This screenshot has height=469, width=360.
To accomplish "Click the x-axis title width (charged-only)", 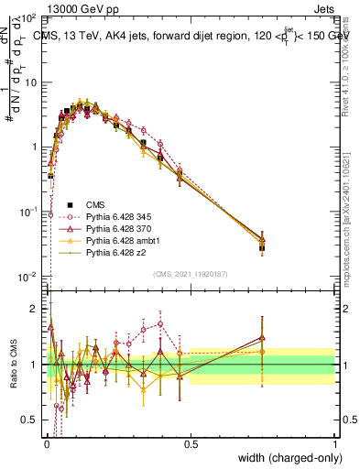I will pyautogui.click(x=284, y=455).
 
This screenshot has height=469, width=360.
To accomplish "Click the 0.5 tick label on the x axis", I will pyautogui.click(x=191, y=442).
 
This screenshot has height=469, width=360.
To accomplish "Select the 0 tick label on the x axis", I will pyautogui.click(x=48, y=442).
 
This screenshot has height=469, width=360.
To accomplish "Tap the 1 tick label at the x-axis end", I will pyautogui.click(x=334, y=442).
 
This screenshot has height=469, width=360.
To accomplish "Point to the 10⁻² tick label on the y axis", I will pyautogui.click(x=30, y=277).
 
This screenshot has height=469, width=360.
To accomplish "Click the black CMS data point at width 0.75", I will pyautogui.click(x=262, y=247).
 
